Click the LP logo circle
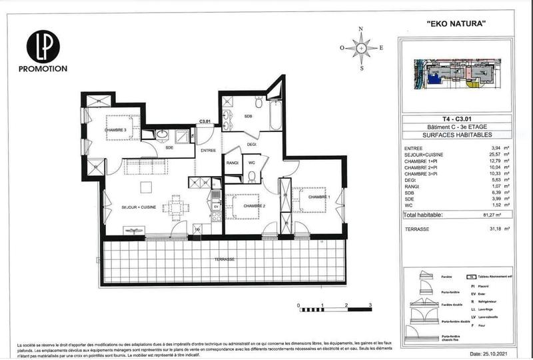pos(43,47)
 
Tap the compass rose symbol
pos(361,48)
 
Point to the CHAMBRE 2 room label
pos(254,206)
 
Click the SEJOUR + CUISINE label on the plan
pos(139,208)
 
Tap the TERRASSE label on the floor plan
pos(224,259)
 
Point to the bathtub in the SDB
pos(274,117)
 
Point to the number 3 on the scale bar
pos(370,304)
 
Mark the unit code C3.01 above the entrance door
pos(205,121)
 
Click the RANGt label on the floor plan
pos(233,162)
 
